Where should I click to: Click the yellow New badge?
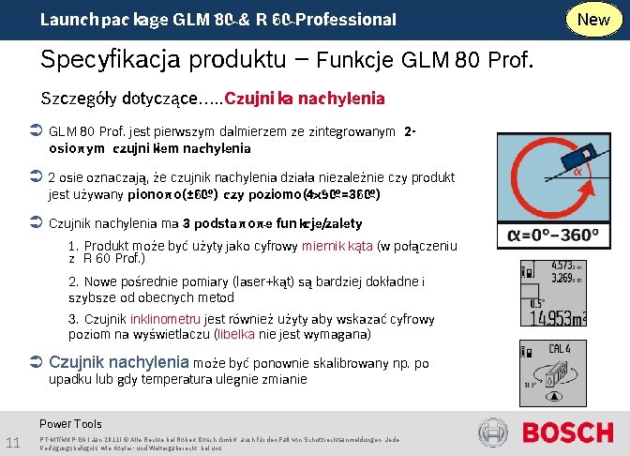click(x=593, y=19)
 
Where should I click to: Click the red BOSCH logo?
click(x=567, y=433)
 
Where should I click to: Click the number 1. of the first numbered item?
click(x=73, y=246)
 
